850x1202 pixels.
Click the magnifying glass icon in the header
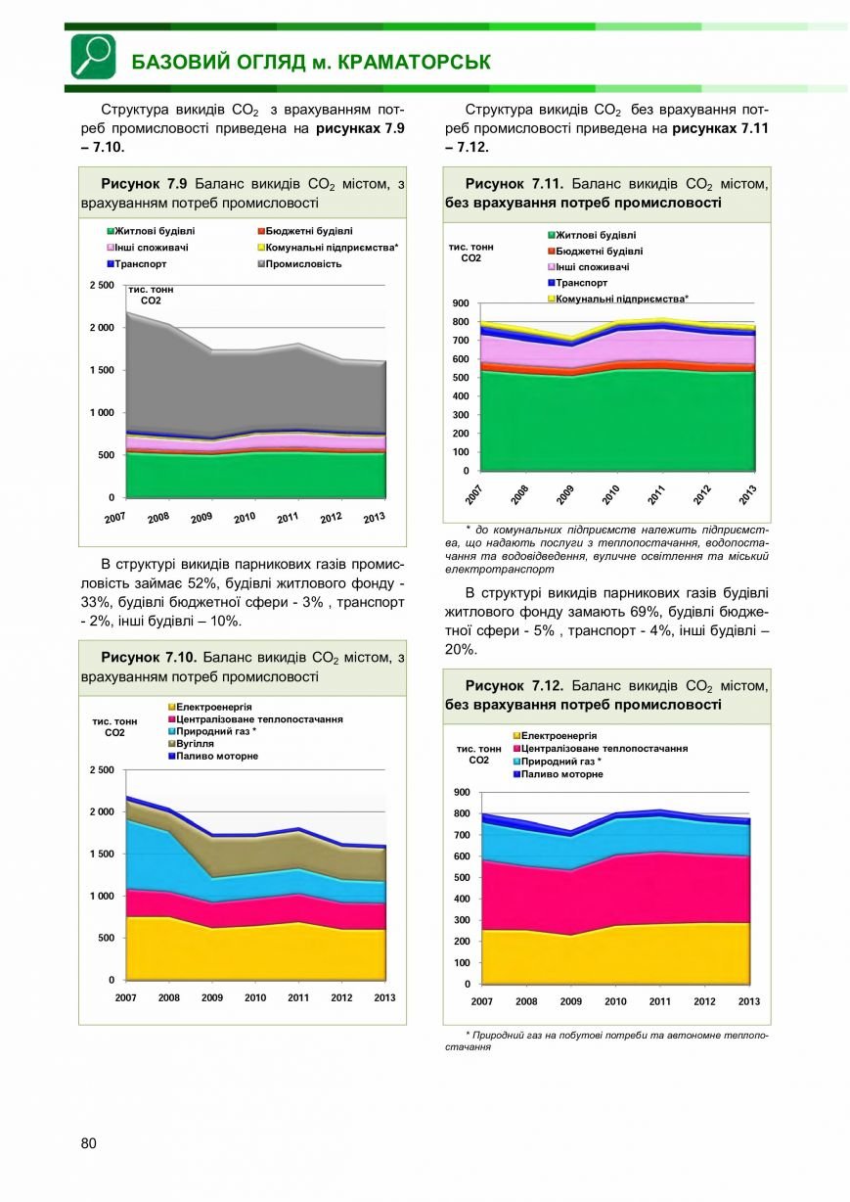(x=93, y=57)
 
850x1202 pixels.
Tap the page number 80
(x=88, y=1143)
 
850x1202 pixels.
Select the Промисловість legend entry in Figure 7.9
(x=299, y=264)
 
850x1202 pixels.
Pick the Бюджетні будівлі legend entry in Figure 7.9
(x=305, y=231)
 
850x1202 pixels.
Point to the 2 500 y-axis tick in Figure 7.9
(x=102, y=285)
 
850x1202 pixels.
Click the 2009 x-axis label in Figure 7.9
(x=201, y=518)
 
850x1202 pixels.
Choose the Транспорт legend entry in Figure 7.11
(x=577, y=283)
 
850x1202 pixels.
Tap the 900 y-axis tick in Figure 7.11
(x=461, y=303)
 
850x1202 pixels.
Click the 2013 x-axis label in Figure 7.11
(x=747, y=494)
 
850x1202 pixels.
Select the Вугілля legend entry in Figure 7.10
(x=191, y=744)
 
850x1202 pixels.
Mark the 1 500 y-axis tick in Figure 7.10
(x=102, y=854)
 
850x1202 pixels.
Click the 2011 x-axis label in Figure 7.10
(x=298, y=997)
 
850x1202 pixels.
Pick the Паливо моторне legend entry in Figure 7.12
(x=559, y=774)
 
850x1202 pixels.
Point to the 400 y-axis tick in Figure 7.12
(x=462, y=899)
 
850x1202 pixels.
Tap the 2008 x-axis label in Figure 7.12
(x=526, y=1001)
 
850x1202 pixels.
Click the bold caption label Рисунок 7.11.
(x=514, y=184)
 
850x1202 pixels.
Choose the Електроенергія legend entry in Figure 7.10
(x=210, y=707)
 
